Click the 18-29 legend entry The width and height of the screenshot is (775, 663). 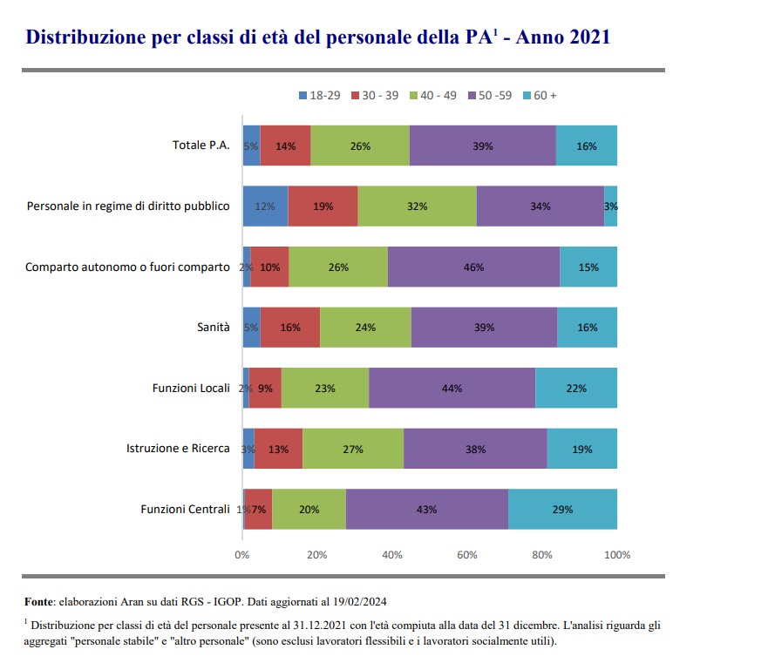coord(319,95)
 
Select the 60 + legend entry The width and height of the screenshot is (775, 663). coord(540,95)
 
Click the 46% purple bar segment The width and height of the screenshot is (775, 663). coord(473,267)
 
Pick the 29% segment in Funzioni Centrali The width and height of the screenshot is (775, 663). coord(562,510)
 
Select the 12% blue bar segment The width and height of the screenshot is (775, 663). coord(265,206)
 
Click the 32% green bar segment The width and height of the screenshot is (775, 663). coord(417,206)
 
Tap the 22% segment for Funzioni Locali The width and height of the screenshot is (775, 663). coord(576,389)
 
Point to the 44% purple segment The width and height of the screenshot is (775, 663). coord(452,389)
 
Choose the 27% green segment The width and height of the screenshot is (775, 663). coord(353,450)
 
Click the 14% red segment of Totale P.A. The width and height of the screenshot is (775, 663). coord(285,146)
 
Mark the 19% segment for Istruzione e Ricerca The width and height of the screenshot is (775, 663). coord(581,450)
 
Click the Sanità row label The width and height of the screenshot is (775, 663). coord(214,328)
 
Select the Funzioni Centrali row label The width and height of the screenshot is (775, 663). coord(185,510)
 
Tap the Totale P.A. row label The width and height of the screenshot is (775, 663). coord(201,146)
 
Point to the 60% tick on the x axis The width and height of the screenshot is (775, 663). coord(467,555)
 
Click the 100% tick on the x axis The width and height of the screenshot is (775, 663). coord(616,555)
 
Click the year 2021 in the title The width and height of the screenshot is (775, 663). coord(581,37)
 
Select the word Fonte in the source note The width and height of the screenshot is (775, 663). coord(39,601)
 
